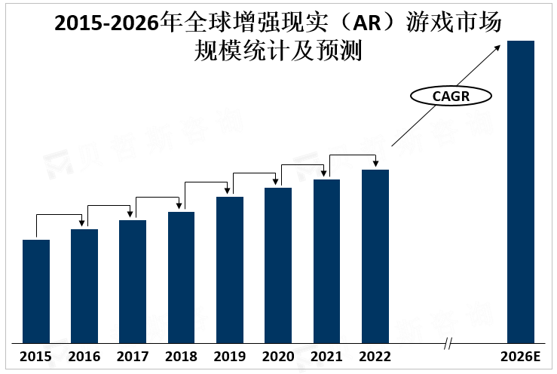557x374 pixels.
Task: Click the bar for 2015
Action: click(x=36, y=291)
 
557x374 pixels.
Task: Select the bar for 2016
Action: click(x=84, y=286)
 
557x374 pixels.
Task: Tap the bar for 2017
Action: click(x=133, y=281)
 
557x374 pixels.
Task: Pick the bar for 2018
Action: click(x=181, y=277)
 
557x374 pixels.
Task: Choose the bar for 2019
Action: click(x=230, y=269)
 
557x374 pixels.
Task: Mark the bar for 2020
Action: click(x=278, y=265)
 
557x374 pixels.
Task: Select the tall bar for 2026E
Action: click(x=521, y=192)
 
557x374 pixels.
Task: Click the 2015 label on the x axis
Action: click(x=36, y=357)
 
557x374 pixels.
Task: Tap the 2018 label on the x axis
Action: click(x=181, y=357)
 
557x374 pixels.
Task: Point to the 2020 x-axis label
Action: click(x=278, y=357)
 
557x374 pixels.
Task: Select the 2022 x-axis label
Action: click(x=375, y=357)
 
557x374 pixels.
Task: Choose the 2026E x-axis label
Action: click(x=521, y=357)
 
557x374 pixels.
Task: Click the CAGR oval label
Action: click(x=451, y=96)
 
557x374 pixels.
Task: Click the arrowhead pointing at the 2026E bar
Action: click(x=498, y=47)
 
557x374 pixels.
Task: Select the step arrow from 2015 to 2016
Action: click(x=60, y=215)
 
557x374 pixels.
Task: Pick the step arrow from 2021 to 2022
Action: click(x=352, y=155)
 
